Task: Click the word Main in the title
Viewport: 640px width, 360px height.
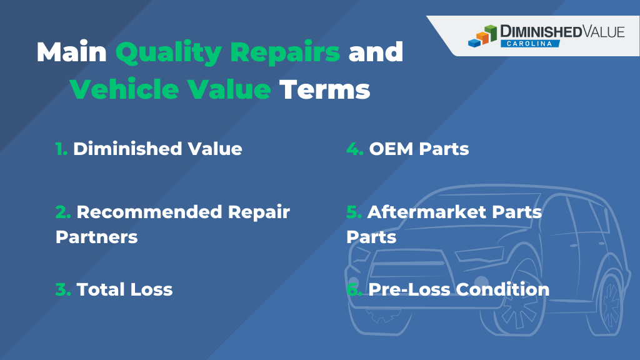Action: point(71,52)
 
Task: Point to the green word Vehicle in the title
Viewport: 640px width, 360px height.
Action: point(119,89)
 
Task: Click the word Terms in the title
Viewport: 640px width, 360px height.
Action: point(324,89)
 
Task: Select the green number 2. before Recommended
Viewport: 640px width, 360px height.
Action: point(63,212)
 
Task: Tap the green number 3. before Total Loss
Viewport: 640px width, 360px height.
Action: point(63,289)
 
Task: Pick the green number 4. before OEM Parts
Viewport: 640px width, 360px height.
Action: point(355,149)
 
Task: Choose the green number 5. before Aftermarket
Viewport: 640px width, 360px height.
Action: point(354,212)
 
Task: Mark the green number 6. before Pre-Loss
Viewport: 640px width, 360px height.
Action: point(355,289)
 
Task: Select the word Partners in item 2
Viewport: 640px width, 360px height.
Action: point(96,237)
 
